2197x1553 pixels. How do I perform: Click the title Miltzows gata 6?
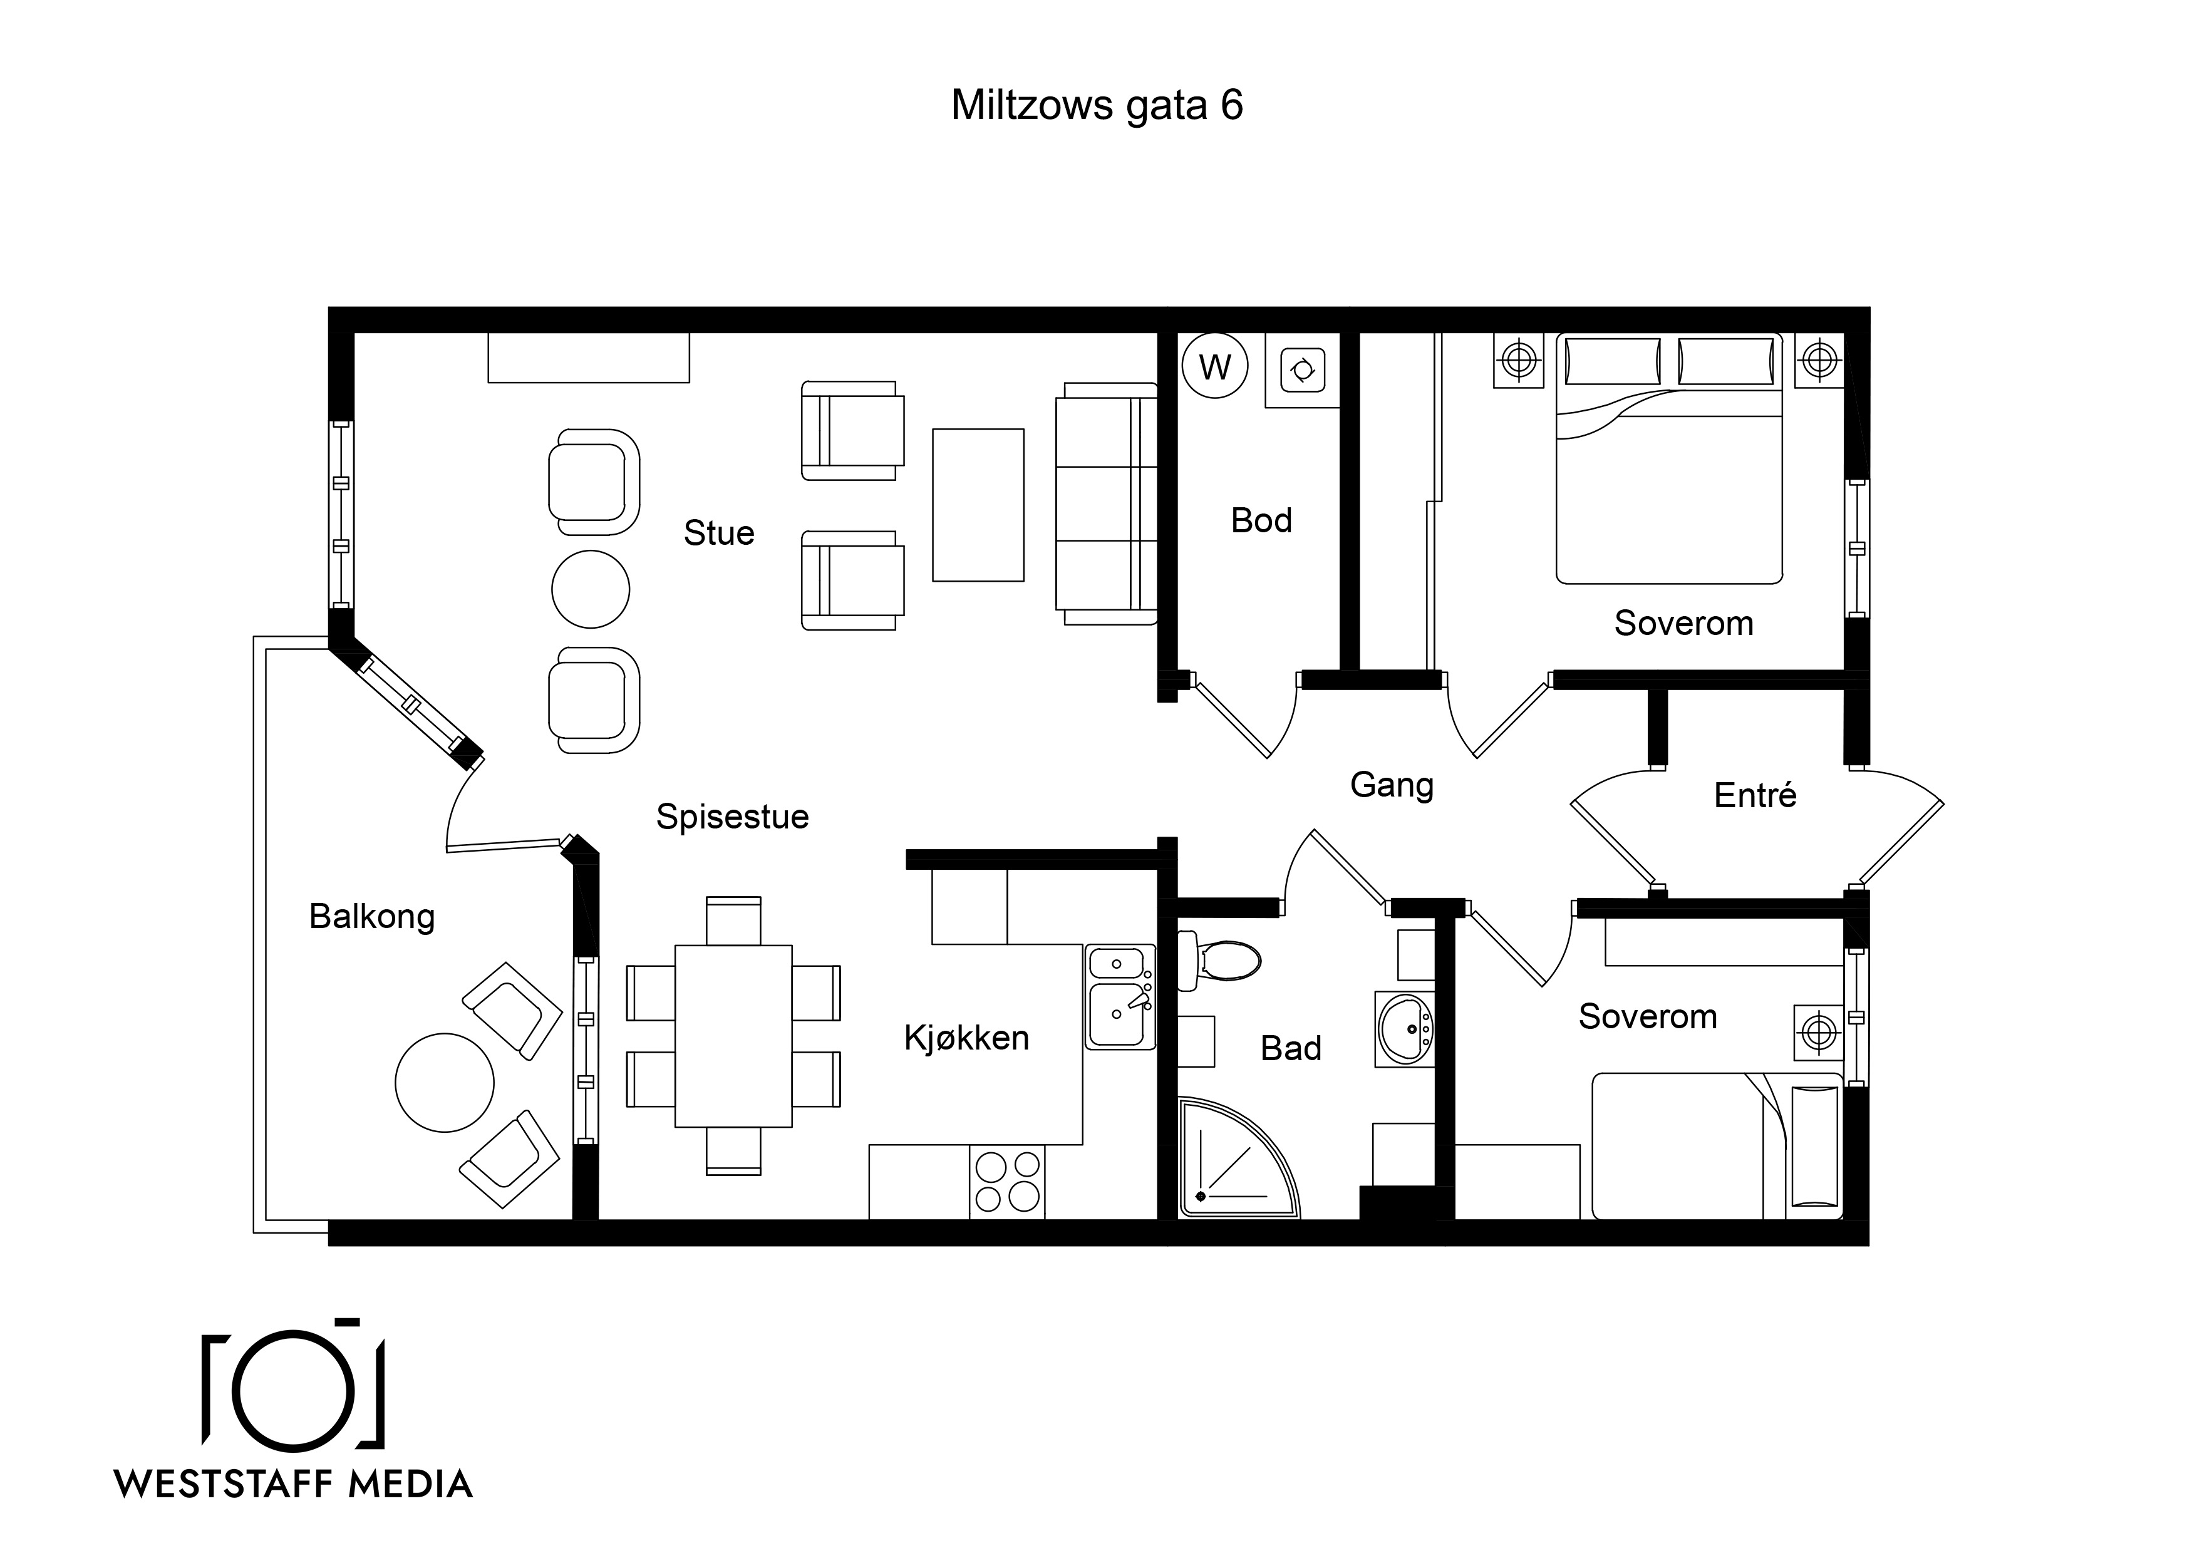[1097, 105]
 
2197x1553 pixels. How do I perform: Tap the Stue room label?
[718, 533]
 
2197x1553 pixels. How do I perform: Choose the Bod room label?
[1261, 520]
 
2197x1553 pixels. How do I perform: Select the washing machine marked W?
[1215, 366]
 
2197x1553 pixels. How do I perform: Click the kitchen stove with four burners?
[1006, 1182]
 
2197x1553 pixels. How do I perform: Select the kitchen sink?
[1120, 996]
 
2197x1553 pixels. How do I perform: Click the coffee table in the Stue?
[978, 505]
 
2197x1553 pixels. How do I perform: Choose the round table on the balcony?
[445, 1082]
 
